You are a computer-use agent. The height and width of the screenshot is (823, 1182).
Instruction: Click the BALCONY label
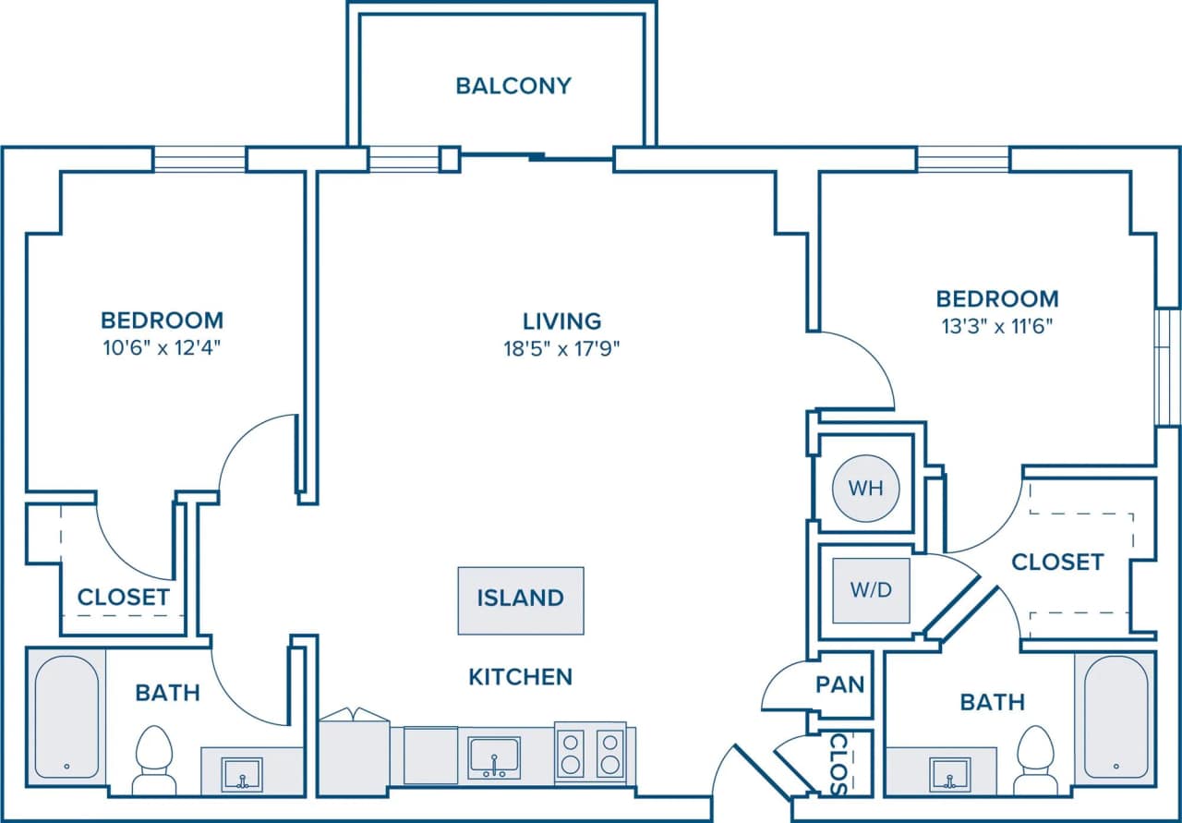point(513,86)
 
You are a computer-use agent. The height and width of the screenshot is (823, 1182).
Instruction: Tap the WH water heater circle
point(865,488)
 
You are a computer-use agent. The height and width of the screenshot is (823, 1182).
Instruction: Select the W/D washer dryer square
point(871,589)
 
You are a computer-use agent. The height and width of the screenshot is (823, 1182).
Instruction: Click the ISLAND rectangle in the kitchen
point(521,599)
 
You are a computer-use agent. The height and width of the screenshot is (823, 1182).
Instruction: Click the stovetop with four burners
point(590,753)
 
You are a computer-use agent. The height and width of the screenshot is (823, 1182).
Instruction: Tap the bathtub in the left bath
point(66,716)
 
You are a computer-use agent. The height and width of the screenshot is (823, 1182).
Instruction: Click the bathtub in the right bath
point(1116,716)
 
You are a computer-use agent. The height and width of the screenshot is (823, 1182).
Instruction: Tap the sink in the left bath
point(242,773)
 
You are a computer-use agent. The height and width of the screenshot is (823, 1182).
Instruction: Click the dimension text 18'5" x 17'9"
point(561,348)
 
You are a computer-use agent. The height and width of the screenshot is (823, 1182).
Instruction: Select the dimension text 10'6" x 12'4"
point(162,347)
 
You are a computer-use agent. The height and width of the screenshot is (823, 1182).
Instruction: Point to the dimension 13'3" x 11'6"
point(995,325)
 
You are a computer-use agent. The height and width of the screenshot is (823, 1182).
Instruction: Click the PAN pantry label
point(840,684)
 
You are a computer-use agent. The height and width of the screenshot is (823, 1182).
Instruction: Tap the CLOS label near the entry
point(838,764)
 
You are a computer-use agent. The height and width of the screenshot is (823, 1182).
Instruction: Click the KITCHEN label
point(521,677)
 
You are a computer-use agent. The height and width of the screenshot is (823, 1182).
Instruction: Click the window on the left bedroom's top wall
point(199,159)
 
